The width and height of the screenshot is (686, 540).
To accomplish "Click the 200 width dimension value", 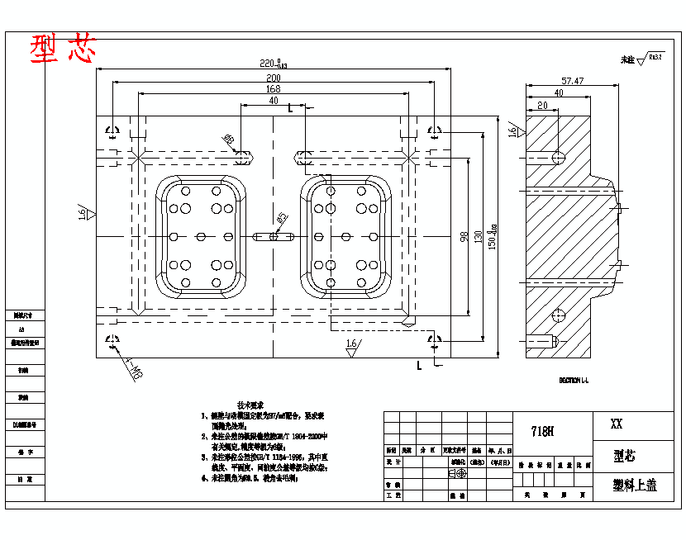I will point(273,78).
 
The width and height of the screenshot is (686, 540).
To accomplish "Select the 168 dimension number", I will point(273,89).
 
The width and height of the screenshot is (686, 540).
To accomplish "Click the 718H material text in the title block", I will point(542,431).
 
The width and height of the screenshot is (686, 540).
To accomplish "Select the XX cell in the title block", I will point(616,424).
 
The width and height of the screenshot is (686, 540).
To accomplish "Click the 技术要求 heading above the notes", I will point(250,406).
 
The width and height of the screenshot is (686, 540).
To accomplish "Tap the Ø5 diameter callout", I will point(282,220).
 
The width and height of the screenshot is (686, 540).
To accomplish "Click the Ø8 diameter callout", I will point(230,140).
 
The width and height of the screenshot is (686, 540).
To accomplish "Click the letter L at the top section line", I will point(290,108).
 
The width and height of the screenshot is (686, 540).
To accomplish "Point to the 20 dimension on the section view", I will point(542,105).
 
